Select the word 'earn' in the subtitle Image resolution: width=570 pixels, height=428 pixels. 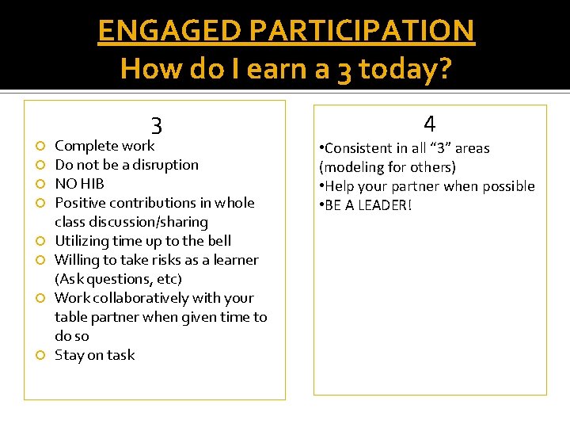(x=276, y=69)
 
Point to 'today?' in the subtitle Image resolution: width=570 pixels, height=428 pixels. (x=404, y=69)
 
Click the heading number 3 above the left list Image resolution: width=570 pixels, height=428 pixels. (x=157, y=126)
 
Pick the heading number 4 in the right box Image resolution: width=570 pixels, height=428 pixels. (x=429, y=124)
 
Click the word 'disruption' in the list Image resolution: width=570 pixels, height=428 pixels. (x=165, y=165)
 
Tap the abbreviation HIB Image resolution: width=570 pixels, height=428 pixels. (x=92, y=184)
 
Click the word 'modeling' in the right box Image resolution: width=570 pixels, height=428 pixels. (x=352, y=167)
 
